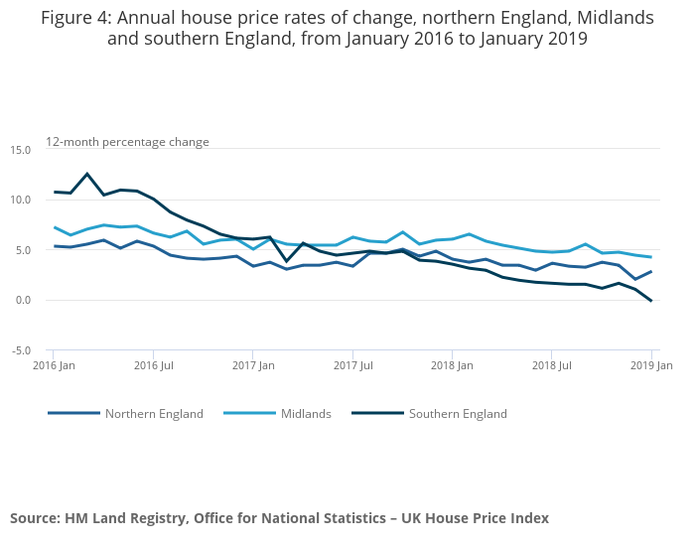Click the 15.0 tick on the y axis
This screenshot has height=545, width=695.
tap(21, 150)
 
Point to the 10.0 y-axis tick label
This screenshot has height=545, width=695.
tap(21, 201)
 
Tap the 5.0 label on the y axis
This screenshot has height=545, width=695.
tap(23, 250)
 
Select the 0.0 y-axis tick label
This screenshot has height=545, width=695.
tap(23, 301)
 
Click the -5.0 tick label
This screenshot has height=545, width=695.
tap(21, 350)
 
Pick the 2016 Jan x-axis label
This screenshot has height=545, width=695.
tap(54, 366)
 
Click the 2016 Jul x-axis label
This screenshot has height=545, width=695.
tap(153, 366)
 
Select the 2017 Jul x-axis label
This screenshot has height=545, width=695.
tap(352, 366)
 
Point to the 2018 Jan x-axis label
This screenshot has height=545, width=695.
tap(452, 366)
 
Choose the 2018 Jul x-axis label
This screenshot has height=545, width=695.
tap(552, 366)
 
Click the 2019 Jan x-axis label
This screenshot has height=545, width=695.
tap(651, 366)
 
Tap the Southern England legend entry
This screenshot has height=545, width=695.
tap(458, 414)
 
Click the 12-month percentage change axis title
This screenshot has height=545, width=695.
tap(127, 142)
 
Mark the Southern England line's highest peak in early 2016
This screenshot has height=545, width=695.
tap(87, 174)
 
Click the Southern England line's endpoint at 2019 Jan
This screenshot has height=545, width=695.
tap(651, 301)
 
